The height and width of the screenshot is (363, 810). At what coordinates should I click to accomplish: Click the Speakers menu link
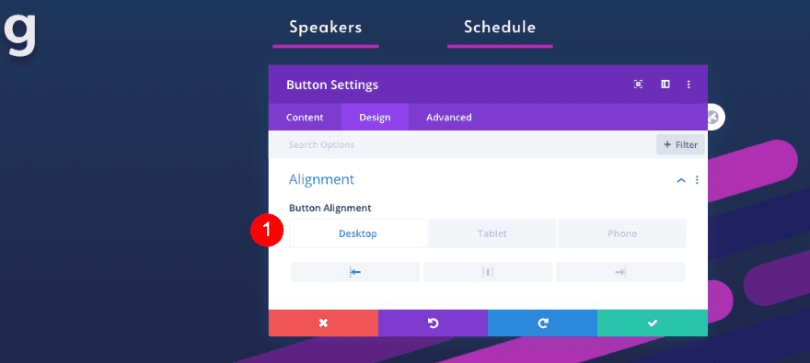point(326,27)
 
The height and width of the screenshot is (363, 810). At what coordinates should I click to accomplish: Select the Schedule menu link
point(500,27)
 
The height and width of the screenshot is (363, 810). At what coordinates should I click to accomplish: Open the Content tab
point(305,117)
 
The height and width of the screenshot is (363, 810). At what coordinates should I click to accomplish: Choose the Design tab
point(375,117)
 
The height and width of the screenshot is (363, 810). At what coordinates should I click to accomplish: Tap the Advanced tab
point(449,117)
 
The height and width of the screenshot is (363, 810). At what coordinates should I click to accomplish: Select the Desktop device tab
point(358,233)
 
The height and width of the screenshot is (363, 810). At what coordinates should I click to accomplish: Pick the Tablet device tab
point(492,233)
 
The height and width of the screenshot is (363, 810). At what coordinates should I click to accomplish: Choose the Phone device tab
point(622,233)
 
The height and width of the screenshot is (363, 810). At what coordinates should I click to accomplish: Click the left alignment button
point(355,272)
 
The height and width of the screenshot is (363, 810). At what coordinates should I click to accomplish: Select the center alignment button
point(488,272)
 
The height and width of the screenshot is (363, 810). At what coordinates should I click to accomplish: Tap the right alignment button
point(620,272)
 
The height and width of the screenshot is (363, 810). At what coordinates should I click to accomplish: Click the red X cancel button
point(323,323)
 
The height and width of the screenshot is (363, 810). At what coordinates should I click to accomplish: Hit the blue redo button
point(542,323)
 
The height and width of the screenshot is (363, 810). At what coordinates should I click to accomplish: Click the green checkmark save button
point(653,323)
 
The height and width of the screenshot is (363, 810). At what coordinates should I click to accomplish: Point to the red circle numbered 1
point(267,230)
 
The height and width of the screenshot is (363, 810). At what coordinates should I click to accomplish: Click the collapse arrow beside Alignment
point(681,180)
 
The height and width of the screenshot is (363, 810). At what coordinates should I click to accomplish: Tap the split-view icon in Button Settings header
point(665,84)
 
